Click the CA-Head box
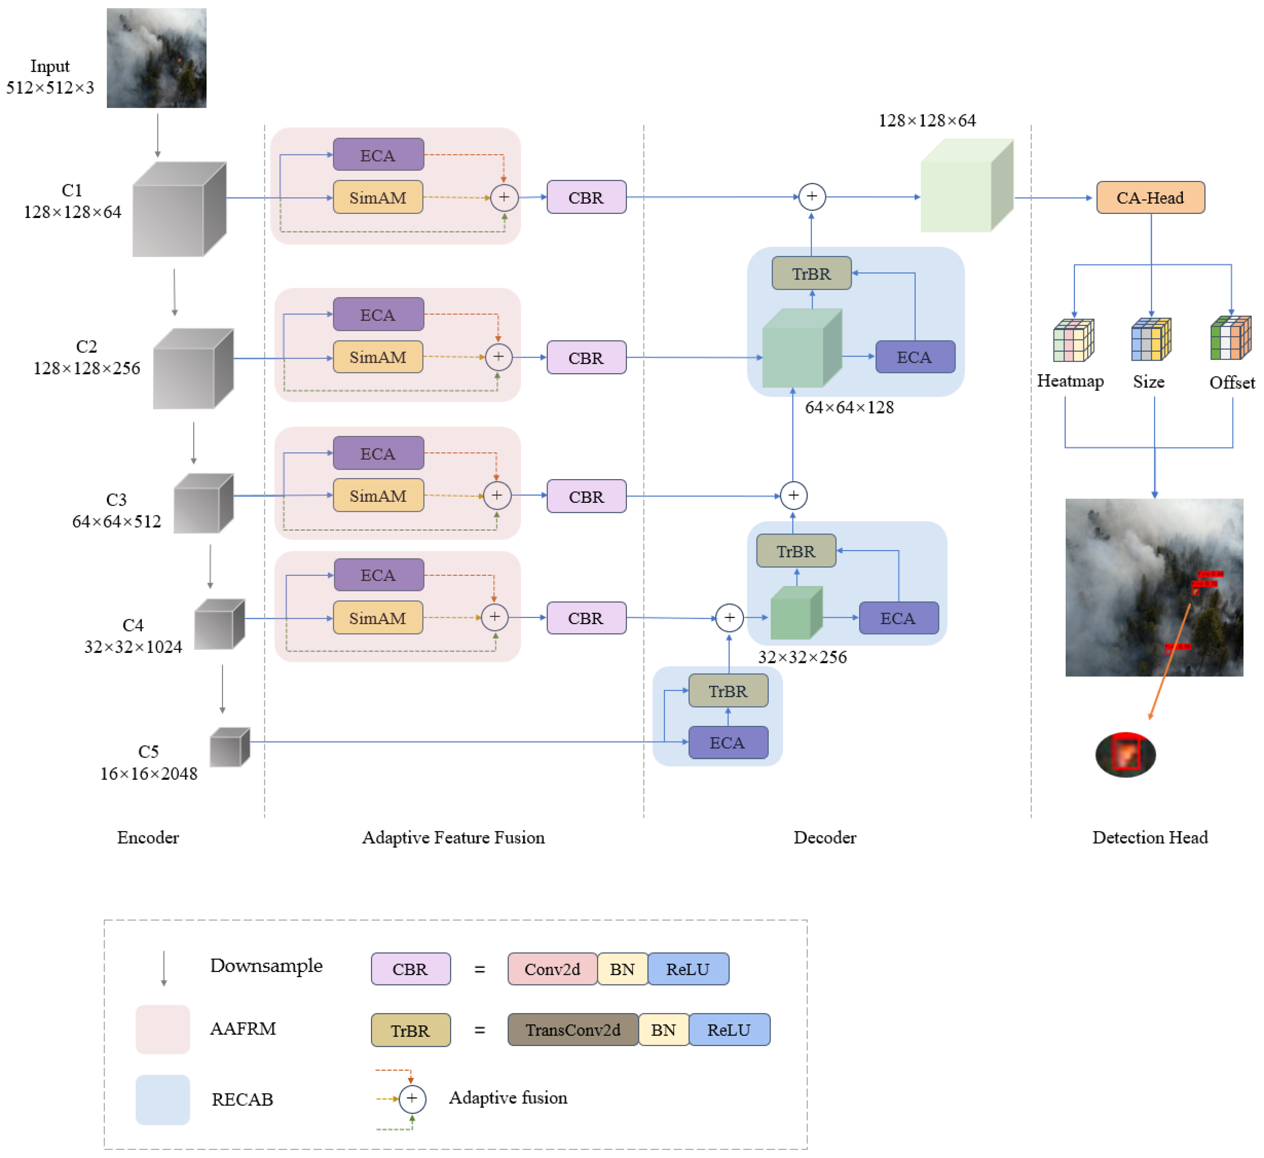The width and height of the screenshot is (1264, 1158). tap(1150, 197)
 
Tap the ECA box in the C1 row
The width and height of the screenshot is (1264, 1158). tap(378, 155)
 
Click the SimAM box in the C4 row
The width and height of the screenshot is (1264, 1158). tap(377, 618)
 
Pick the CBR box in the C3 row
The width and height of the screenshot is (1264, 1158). tap(586, 496)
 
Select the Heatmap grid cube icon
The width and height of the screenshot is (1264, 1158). tap(1073, 340)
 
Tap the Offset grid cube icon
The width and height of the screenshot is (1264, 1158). tap(1230, 339)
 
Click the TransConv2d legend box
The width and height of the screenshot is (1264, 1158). tap(572, 1030)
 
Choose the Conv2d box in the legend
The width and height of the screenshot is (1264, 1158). tap(552, 969)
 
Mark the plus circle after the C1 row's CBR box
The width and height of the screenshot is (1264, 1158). tap(811, 197)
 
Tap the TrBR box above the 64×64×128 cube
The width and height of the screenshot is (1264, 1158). tap(811, 274)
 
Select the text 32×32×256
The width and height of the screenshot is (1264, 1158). tap(802, 657)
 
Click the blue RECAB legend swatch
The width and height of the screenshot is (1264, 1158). tap(163, 1099)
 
